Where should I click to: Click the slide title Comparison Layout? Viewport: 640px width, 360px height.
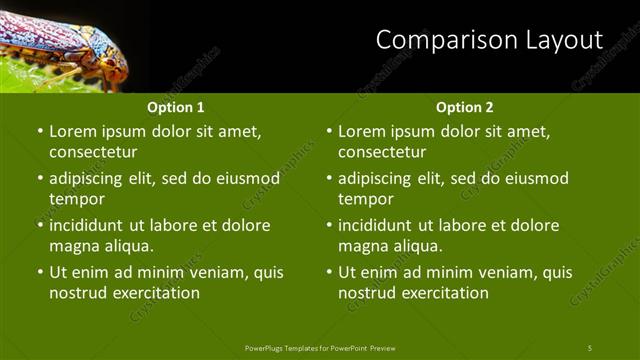coord(489,40)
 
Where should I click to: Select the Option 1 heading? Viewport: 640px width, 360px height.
coord(176,107)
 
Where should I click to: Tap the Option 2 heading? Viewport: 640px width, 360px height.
coord(465,107)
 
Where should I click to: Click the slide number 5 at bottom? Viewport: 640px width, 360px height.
coord(590,347)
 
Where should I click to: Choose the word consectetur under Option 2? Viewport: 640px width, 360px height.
coord(382,153)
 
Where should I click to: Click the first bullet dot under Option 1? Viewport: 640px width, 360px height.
coord(39,132)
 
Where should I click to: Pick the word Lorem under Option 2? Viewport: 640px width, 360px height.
coord(362,132)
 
